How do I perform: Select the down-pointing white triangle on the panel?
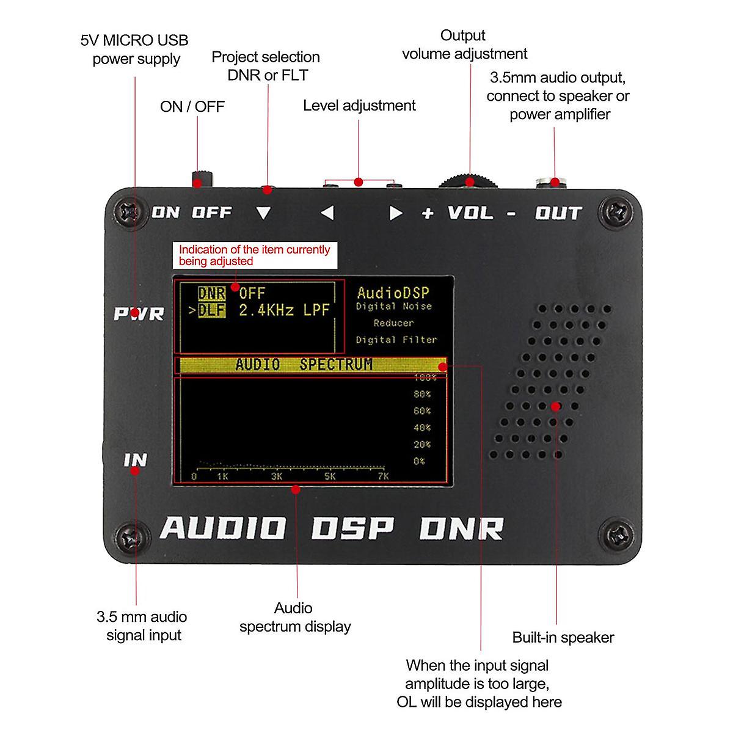[263, 213]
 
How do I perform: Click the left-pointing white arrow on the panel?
[327, 213]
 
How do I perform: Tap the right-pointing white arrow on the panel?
[396, 213]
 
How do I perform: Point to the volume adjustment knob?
[469, 181]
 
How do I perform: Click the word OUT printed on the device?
[558, 213]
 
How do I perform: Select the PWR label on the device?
[139, 314]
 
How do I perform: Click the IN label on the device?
[136, 459]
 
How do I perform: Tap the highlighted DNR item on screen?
[211, 293]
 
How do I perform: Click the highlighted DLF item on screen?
[211, 310]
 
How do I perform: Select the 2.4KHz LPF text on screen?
[284, 310]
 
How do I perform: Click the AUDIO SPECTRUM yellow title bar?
[310, 365]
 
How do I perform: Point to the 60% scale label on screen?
[422, 411]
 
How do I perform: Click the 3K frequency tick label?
[277, 476]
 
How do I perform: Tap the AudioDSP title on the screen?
[393, 293]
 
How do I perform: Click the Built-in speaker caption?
[563, 637]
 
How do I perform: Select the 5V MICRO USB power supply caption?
[135, 49]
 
